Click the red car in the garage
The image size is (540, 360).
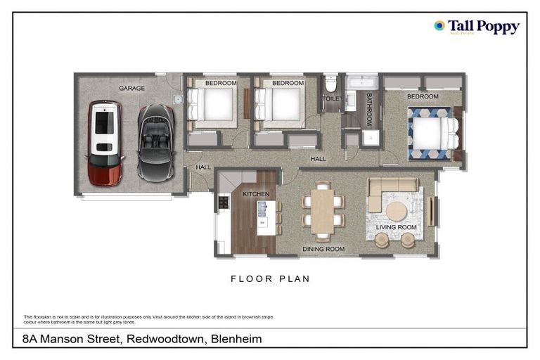(x=105, y=142)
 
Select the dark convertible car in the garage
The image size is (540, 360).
(x=156, y=141)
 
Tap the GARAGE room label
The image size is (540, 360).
(x=131, y=89)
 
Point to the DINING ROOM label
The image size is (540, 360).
(x=323, y=249)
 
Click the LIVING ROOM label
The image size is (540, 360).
(x=396, y=228)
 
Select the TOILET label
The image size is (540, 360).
(x=331, y=99)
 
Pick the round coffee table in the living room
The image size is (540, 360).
(x=396, y=211)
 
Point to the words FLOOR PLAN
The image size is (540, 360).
(x=270, y=279)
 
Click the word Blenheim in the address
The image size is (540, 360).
(x=236, y=339)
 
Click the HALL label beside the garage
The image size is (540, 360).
(x=203, y=167)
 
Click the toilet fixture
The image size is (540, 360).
(x=331, y=85)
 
